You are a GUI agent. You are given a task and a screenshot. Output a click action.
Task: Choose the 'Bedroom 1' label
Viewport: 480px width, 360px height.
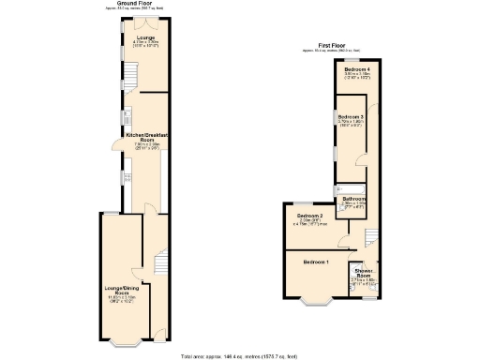316,262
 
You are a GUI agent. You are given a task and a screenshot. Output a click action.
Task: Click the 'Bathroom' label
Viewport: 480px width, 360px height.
353,199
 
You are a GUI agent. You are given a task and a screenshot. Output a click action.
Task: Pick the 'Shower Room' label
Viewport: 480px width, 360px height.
364,274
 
